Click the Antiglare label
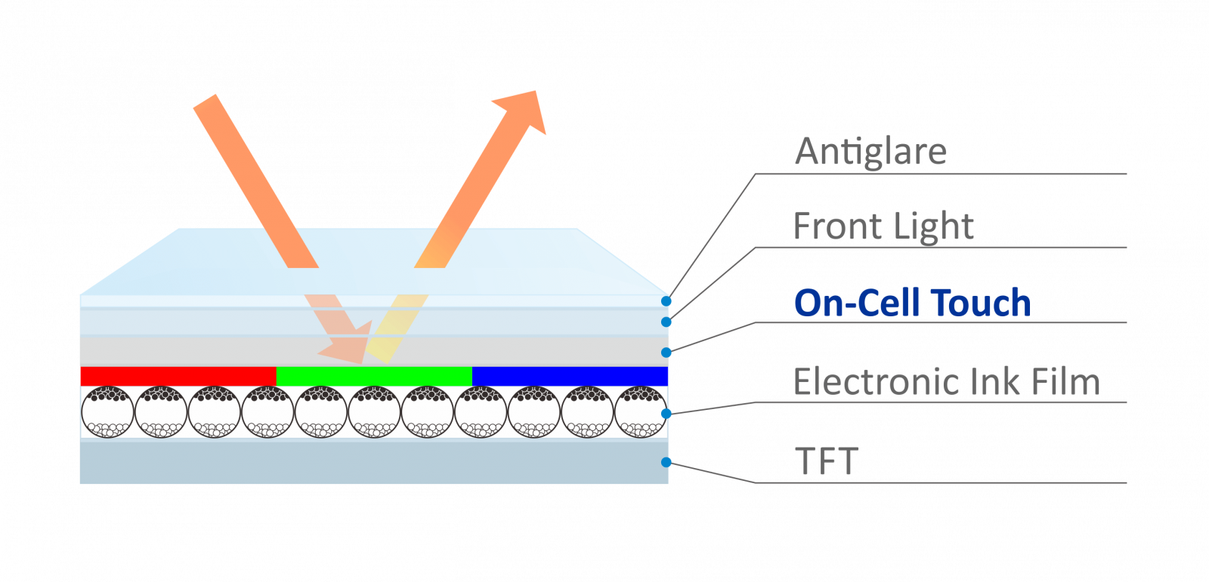pos(870,152)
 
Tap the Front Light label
pos(883,226)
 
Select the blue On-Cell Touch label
pos(912,303)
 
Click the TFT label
pos(827,461)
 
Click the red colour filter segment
pos(178,376)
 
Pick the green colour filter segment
pos(374,376)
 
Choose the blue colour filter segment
pos(570,376)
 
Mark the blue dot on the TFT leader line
pos(666,462)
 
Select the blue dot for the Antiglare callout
pos(666,301)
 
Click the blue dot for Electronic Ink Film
pos(666,414)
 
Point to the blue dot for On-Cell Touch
pos(666,353)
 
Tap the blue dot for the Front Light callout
pos(666,322)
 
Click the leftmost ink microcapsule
pos(107,412)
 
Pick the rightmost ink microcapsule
pos(641,412)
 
